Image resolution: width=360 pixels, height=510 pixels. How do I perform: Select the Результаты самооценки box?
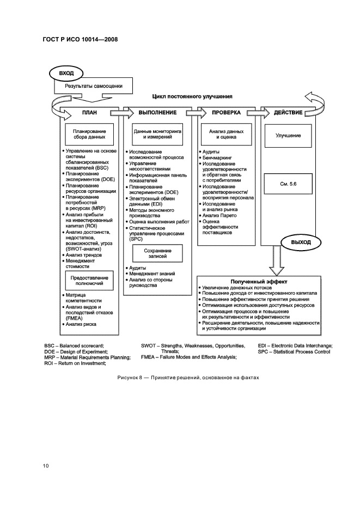94,86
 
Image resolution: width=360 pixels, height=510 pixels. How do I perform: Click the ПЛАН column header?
89,113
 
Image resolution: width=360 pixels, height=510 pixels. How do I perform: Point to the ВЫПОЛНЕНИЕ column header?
158,113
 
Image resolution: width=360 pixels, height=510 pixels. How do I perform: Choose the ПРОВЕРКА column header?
226,113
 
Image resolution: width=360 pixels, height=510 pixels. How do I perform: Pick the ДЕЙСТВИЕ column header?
288,113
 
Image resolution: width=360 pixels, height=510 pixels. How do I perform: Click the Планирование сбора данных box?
89,135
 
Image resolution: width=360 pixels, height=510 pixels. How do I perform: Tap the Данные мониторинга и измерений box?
158,135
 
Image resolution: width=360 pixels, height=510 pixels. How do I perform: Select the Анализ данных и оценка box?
226,135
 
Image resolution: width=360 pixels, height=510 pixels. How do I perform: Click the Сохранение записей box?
158,252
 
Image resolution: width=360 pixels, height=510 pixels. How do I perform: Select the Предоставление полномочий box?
89,281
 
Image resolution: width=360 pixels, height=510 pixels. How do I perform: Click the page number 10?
46,465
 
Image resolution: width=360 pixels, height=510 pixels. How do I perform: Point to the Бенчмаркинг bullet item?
217,158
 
